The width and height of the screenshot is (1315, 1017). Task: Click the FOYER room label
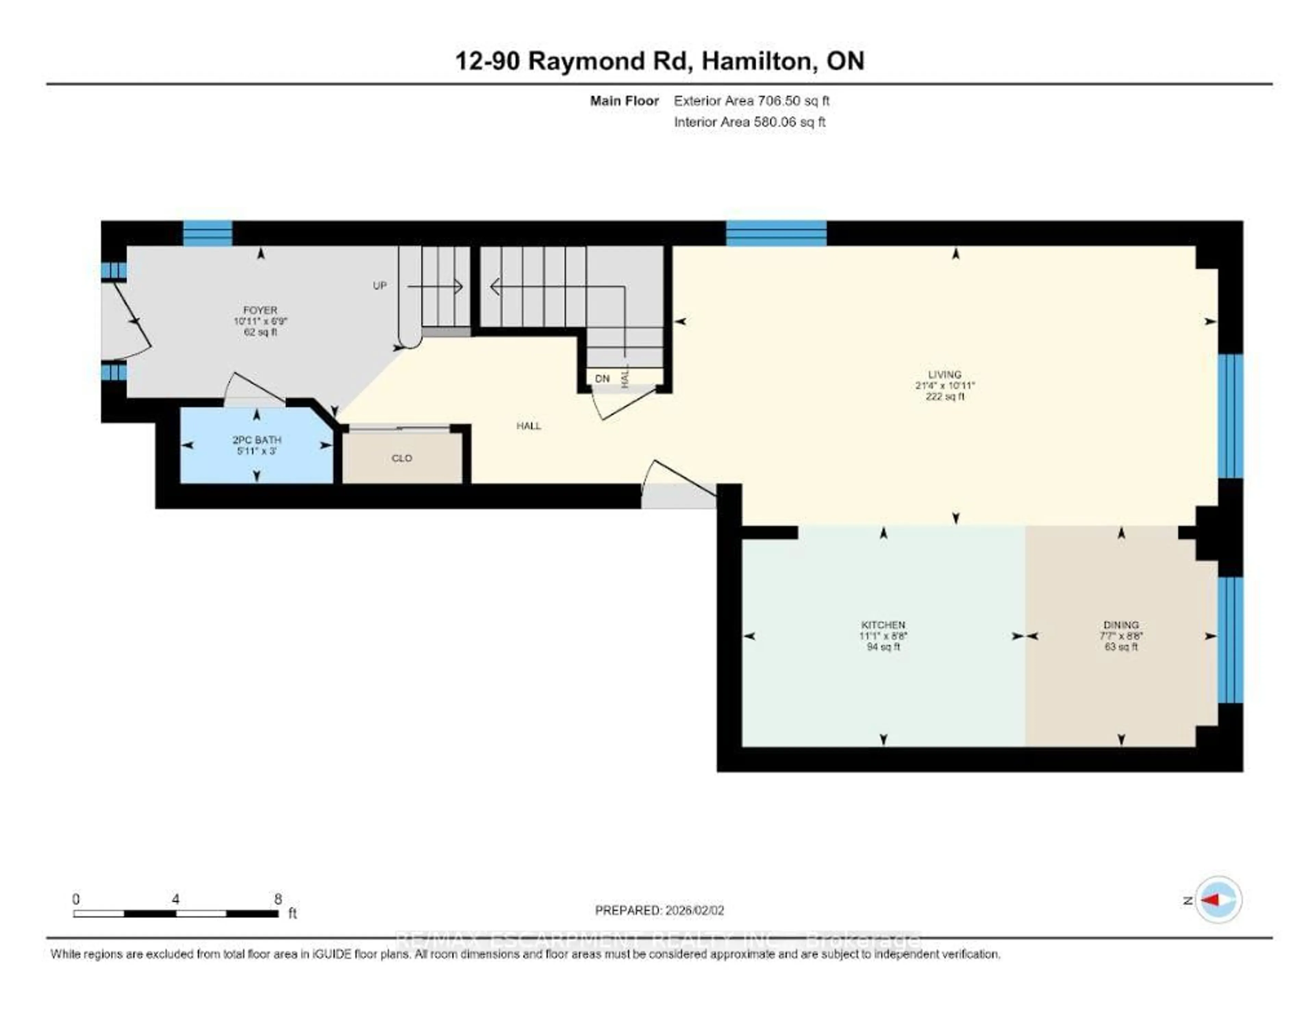pyautogui.click(x=260, y=310)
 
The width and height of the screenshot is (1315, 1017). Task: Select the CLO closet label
pyautogui.click(x=402, y=458)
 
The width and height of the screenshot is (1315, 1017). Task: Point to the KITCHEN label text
pyautogui.click(x=883, y=625)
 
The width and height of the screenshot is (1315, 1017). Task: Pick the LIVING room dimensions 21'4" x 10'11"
pyautogui.click(x=945, y=385)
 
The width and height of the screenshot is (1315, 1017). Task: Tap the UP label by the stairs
pyautogui.click(x=379, y=285)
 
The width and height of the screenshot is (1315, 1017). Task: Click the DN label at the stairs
pyautogui.click(x=602, y=379)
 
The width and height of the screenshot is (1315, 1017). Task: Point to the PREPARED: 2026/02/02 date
pyautogui.click(x=659, y=910)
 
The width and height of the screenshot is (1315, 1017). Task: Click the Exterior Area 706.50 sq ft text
pyautogui.click(x=751, y=101)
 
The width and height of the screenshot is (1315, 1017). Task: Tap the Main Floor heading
pyautogui.click(x=624, y=101)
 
